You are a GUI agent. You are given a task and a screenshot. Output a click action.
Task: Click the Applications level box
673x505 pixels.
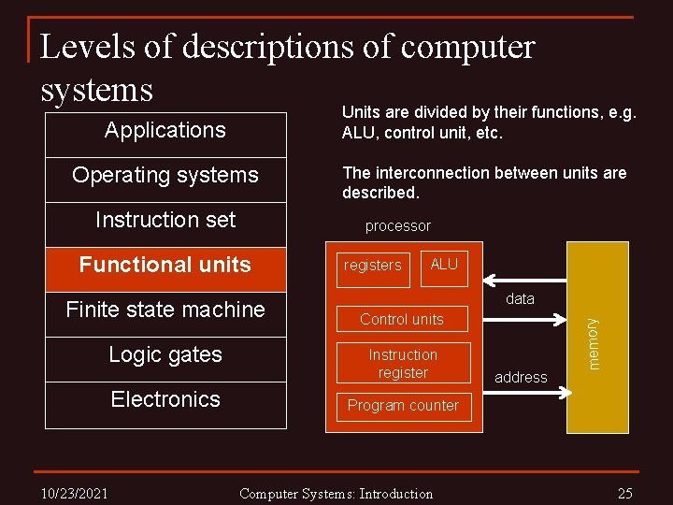(x=165, y=131)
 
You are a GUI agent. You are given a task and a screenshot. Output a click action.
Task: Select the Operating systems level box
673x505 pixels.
(x=165, y=176)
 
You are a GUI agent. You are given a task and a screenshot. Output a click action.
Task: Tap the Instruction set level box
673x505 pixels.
(x=165, y=221)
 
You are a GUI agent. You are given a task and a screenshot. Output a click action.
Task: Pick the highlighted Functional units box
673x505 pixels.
(x=165, y=266)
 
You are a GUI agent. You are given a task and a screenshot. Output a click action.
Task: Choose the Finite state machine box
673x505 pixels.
(x=165, y=310)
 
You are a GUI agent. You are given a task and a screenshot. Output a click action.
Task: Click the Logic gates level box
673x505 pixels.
(x=165, y=355)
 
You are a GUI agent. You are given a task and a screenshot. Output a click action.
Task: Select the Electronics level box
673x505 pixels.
(x=165, y=399)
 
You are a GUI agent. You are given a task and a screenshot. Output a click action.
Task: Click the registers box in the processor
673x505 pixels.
(x=372, y=266)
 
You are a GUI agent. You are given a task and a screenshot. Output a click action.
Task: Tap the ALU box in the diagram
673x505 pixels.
(x=444, y=265)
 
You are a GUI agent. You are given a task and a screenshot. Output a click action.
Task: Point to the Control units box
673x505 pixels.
(x=402, y=319)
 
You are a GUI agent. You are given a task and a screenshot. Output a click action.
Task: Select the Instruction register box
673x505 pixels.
(x=403, y=364)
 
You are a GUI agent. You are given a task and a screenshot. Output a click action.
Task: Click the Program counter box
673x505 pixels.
(x=403, y=406)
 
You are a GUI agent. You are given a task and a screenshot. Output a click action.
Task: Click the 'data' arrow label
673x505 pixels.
(x=520, y=299)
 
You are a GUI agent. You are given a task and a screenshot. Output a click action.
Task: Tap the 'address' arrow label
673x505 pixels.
(x=521, y=378)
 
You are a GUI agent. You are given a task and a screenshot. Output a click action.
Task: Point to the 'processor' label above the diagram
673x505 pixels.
(x=398, y=226)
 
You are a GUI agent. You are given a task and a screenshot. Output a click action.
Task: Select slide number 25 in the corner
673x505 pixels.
(x=625, y=493)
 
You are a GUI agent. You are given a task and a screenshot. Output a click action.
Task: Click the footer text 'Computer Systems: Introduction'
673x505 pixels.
(x=336, y=494)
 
